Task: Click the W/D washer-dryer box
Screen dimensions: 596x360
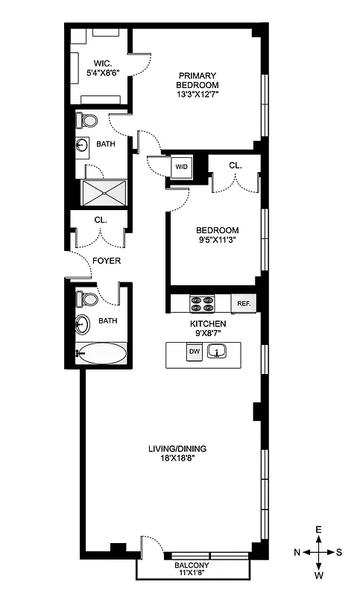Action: pos(182,168)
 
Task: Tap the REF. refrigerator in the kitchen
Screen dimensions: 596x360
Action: pos(244,303)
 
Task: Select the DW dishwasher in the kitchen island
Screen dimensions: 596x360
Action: pos(194,351)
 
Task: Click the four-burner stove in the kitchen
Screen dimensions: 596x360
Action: pos(202,303)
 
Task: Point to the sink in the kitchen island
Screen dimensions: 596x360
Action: pos(218,351)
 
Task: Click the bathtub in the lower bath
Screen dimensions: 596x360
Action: pos(101,353)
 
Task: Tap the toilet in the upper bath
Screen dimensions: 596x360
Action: pos(88,121)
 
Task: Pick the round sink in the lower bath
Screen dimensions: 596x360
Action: pos(83,325)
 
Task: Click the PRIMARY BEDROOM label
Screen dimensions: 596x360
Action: pos(198,84)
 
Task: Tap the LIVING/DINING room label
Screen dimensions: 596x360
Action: pos(177,453)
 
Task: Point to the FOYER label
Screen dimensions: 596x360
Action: pos(106,261)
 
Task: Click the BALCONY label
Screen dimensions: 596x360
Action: pos(192,566)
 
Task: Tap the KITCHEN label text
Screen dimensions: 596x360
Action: pos(208,325)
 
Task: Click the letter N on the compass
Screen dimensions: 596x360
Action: pos(297,552)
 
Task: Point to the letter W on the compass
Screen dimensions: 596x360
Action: pos(318,575)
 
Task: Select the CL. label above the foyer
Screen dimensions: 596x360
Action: pos(101,220)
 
